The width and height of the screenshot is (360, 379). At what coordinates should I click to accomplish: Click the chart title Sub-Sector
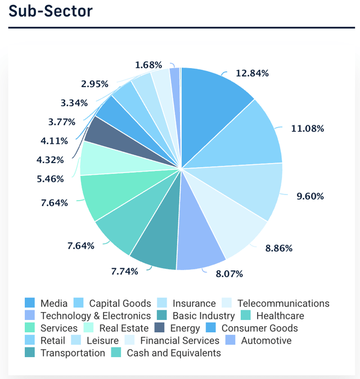[51, 11]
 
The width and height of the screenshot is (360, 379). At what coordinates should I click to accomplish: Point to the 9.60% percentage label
[310, 196]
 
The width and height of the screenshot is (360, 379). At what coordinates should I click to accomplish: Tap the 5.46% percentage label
[50, 179]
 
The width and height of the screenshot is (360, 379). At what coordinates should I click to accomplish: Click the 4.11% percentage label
[55, 141]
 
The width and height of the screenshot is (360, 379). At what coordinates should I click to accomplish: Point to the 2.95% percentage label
[94, 84]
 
